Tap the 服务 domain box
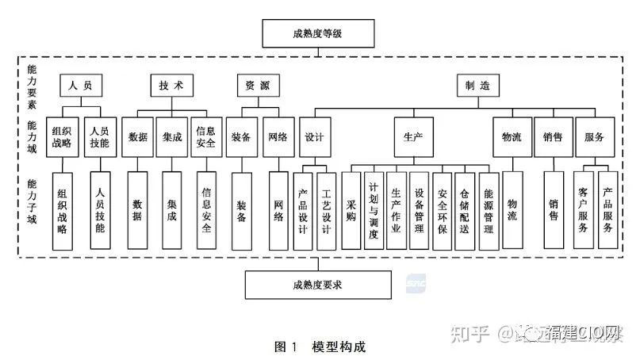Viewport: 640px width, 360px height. click(x=595, y=136)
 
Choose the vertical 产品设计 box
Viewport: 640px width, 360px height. click(x=304, y=210)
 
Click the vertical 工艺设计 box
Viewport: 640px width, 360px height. click(x=327, y=210)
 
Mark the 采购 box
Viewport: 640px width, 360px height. click(x=351, y=210)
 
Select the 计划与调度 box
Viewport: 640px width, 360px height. click(x=374, y=210)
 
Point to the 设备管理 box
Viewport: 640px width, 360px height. click(x=419, y=210)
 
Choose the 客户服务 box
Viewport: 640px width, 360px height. click(x=584, y=210)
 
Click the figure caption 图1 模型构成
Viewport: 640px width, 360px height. click(x=319, y=347)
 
